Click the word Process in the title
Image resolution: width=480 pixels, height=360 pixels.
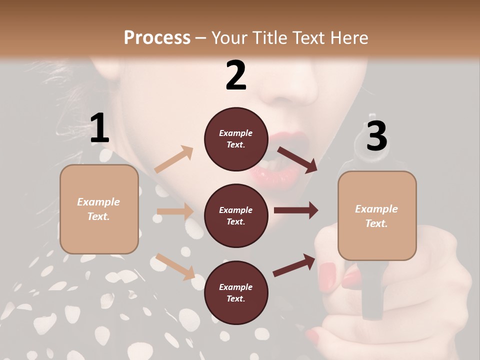click(x=157, y=37)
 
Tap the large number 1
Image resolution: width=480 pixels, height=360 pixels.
click(x=99, y=128)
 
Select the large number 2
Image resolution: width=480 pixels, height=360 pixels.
click(x=236, y=75)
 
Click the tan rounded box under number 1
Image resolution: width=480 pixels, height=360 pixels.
click(x=99, y=209)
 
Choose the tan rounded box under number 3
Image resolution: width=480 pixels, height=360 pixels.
click(x=377, y=215)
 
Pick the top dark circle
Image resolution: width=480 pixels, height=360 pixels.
click(x=236, y=139)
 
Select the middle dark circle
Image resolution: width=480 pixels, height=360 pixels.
click(x=236, y=215)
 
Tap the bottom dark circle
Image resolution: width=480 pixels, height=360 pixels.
click(x=236, y=292)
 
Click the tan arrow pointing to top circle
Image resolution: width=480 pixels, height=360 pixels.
click(x=174, y=159)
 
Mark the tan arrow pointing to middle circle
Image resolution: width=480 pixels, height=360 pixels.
click(x=175, y=211)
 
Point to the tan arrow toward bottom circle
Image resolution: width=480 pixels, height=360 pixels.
click(x=175, y=266)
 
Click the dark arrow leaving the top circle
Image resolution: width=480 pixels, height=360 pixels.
click(x=297, y=159)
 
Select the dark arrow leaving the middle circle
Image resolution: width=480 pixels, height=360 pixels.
click(x=296, y=210)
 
